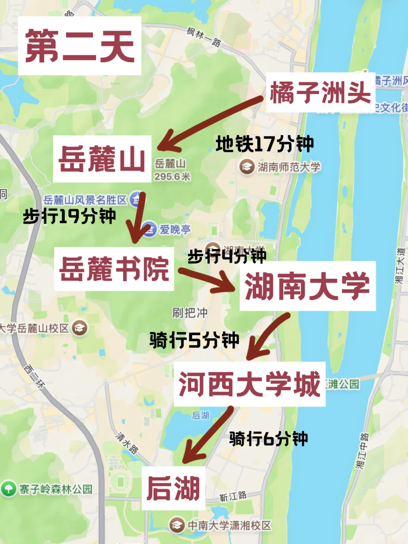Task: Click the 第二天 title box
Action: pos(79,46)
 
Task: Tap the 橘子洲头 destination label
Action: pos(320,92)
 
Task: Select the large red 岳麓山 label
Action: pos(102,159)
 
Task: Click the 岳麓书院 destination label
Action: pos(114,269)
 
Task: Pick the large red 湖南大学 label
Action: pos(308,286)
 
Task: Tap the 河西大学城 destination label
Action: pos(249,384)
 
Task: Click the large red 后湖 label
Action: pos(173,488)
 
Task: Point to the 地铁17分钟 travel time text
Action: pos(264,144)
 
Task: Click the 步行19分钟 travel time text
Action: pos(70,216)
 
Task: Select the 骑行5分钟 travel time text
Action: pos(194,340)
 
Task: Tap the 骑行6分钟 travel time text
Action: pos(269,439)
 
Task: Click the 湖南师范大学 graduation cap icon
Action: pos(247,167)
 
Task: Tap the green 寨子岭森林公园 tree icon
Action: pos(8,488)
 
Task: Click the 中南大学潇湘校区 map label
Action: pos(229,525)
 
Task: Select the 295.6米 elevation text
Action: pos(172,176)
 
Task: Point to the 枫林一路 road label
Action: pos(204,37)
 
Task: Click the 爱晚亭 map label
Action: pos(175,229)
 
